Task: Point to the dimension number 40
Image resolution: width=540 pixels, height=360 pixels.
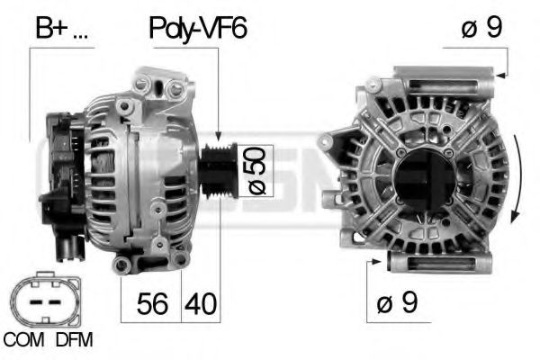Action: tap(200, 304)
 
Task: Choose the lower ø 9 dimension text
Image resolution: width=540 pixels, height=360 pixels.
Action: tap(399, 304)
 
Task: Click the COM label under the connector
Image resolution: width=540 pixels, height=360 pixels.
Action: tap(23, 339)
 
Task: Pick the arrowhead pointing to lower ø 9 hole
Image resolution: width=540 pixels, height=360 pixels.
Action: tap(377, 262)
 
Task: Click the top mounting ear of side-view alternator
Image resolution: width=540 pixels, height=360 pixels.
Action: tap(153, 87)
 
